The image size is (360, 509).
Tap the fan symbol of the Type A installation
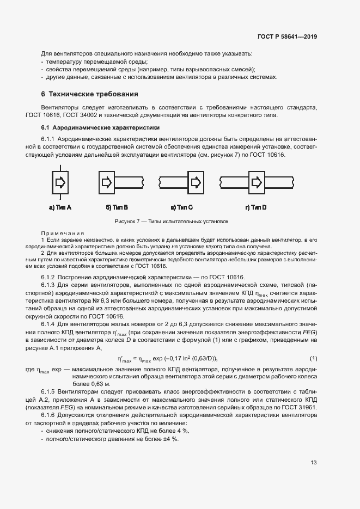click(x=60, y=181)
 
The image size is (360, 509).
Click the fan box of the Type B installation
click(x=107, y=181)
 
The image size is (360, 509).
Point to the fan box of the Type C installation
click(x=195, y=181)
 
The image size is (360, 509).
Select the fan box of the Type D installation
click(x=256, y=181)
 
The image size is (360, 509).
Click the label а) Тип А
click(x=60, y=207)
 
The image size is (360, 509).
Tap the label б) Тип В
click(x=117, y=207)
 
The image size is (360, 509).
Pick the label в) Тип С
click(x=182, y=207)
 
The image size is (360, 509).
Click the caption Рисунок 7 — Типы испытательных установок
click(x=172, y=222)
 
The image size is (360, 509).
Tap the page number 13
click(x=314, y=463)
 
